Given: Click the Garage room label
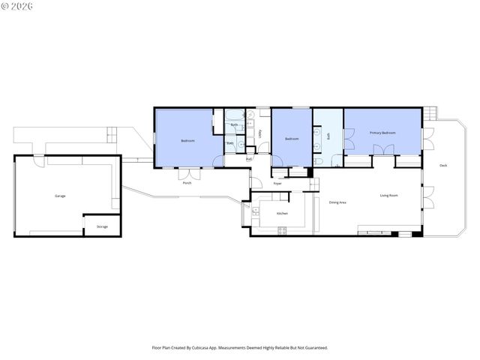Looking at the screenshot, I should (x=60, y=196).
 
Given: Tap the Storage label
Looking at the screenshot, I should (x=102, y=226).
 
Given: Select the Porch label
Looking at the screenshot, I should (x=187, y=183).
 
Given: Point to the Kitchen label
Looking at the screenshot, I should (x=282, y=214).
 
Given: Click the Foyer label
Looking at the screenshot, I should (x=277, y=183).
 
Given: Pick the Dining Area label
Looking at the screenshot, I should (x=337, y=202).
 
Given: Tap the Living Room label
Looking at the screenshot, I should (x=388, y=196).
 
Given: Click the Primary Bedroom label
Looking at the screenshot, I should (x=382, y=133).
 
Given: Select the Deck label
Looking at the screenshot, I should (x=443, y=165).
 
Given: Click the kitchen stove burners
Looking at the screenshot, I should (x=282, y=231).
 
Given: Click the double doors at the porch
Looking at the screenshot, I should (x=187, y=173).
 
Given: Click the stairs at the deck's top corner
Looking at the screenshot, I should (x=430, y=114).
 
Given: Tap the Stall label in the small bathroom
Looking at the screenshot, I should (x=230, y=143).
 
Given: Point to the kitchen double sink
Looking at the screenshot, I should (x=256, y=213).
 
